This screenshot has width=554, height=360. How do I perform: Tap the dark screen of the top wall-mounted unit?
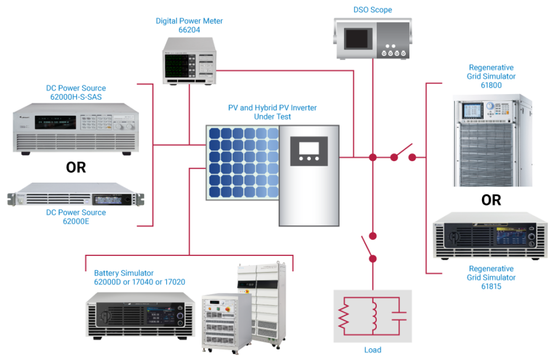pos(356,39)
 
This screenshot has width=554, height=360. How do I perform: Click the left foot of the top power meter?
pos(172,87)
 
